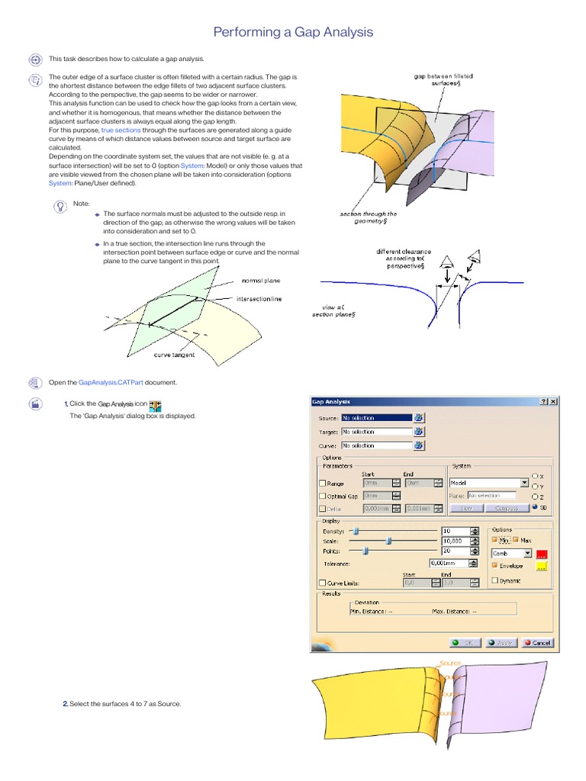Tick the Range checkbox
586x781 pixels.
click(x=321, y=483)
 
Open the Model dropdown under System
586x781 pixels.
click(x=524, y=483)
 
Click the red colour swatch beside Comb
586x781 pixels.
click(x=543, y=554)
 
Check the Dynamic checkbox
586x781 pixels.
click(x=494, y=580)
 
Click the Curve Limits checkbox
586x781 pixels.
click(x=321, y=583)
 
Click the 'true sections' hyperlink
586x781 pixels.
click(x=121, y=130)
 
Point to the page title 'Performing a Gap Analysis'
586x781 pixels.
click(x=293, y=32)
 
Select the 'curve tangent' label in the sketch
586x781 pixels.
click(x=174, y=355)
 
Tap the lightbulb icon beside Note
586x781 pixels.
click(x=59, y=206)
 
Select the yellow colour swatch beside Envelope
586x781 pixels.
click(x=543, y=566)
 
